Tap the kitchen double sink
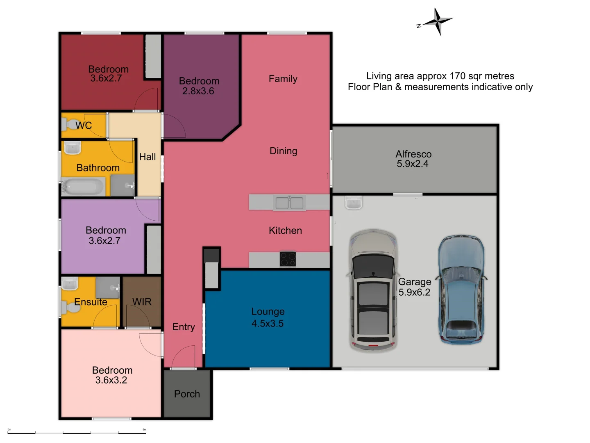[x=289, y=203]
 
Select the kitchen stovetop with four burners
[x=288, y=259]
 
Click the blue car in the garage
[x=461, y=290]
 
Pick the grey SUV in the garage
[x=373, y=290]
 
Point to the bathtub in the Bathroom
[x=83, y=187]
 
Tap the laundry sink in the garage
[x=353, y=203]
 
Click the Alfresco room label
[x=413, y=154]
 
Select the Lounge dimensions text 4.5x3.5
[x=268, y=324]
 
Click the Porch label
[x=187, y=394]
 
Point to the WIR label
[x=142, y=302]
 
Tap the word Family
[x=283, y=79]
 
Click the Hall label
[x=147, y=157]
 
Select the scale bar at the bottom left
[x=77, y=432]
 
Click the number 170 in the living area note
[x=458, y=76]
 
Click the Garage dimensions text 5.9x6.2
[x=414, y=292]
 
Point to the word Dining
[x=283, y=151]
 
